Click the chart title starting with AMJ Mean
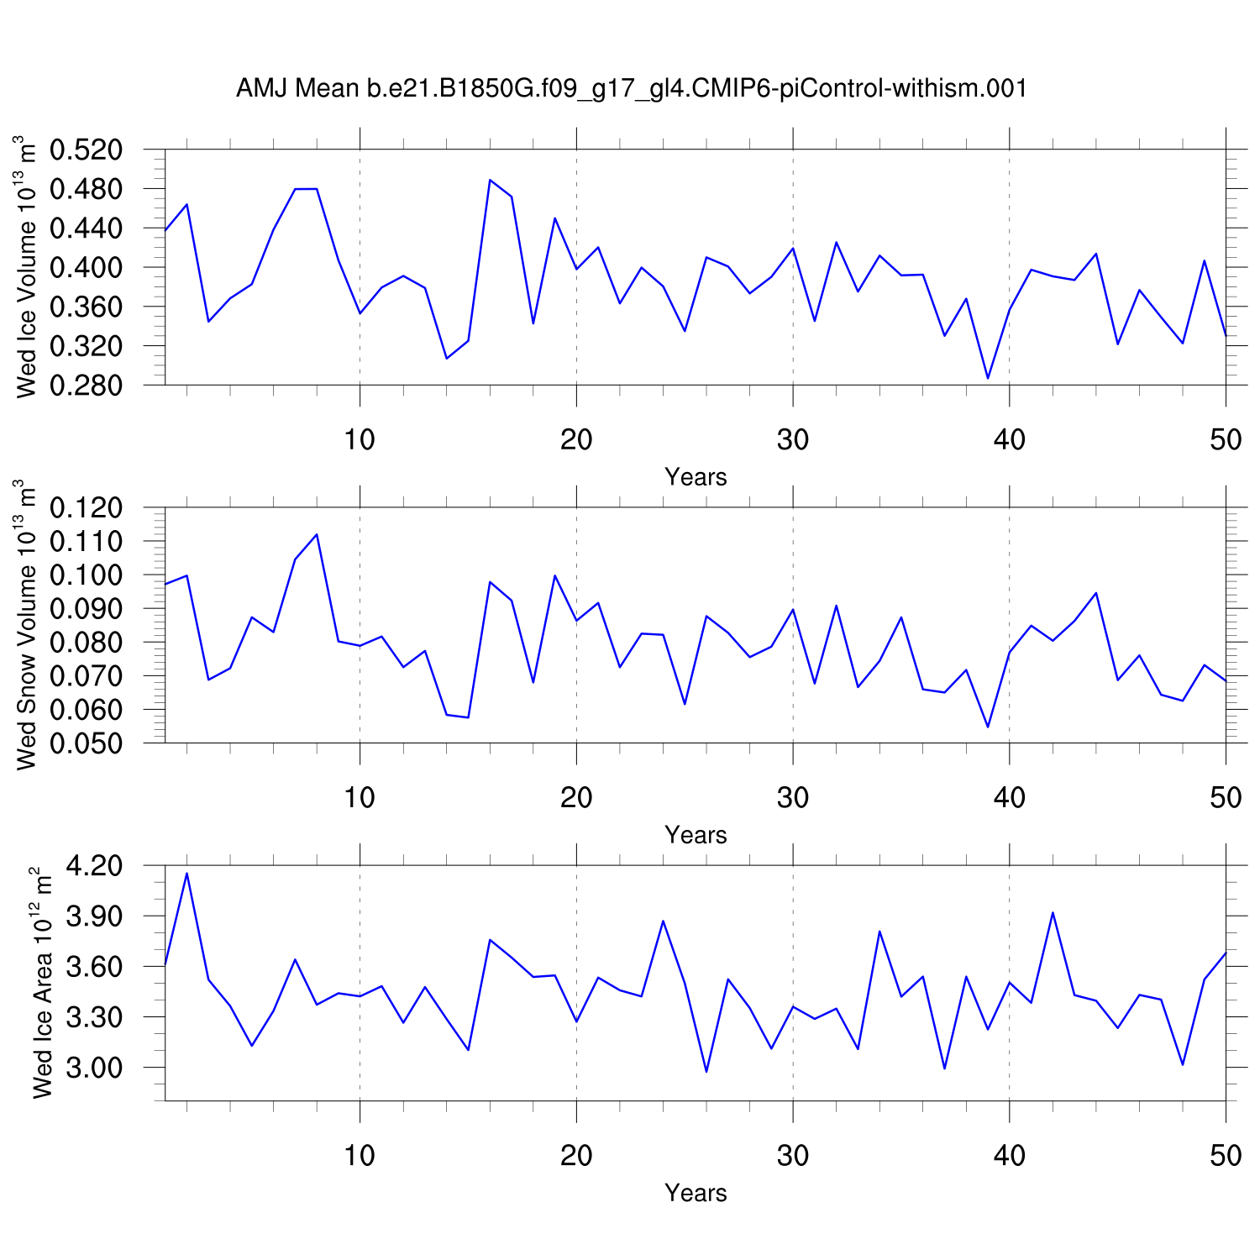[x=631, y=88]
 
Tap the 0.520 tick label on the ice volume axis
[x=86, y=150]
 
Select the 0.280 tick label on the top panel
[x=86, y=386]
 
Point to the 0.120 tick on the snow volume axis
[x=86, y=508]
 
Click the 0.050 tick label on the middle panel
[x=86, y=743]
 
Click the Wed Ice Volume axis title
[x=27, y=267]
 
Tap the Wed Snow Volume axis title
[x=27, y=625]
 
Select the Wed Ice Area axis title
[x=42, y=983]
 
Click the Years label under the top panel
[x=696, y=477]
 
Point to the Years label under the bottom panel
[x=696, y=1193]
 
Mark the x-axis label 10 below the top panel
[x=360, y=439]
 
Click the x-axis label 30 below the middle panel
[x=793, y=797]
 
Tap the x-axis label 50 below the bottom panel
[x=1226, y=1156]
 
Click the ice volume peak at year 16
[x=490, y=180]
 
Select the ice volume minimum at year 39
[x=988, y=378]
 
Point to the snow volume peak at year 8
[x=317, y=534]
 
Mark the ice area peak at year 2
[x=186, y=874]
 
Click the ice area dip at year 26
[x=706, y=1072]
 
